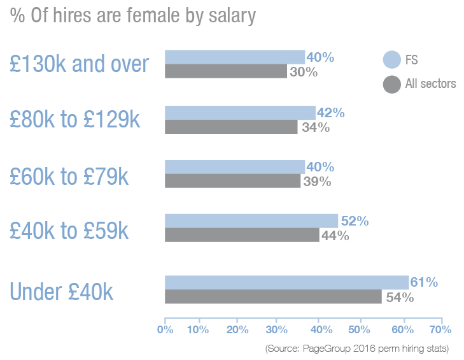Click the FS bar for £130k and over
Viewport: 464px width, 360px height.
point(235,57)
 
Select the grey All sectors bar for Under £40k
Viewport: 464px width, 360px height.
point(273,297)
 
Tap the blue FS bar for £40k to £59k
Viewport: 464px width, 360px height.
point(251,220)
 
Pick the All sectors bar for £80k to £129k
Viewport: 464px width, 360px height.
point(231,127)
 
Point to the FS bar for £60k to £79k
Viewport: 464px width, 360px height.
point(235,166)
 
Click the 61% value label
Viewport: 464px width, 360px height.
point(423,282)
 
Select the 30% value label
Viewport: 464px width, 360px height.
point(303,72)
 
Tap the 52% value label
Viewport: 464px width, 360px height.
point(355,221)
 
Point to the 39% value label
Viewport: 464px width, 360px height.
point(316,182)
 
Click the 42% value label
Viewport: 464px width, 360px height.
point(330,113)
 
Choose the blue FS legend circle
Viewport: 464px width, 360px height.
point(391,60)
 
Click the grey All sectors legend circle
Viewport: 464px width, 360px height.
point(391,83)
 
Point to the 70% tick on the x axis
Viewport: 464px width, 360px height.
point(440,329)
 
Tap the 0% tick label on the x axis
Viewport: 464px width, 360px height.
point(165,329)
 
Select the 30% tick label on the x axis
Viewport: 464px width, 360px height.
point(276,329)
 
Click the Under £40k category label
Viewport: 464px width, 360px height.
point(62,292)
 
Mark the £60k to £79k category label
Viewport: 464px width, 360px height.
point(69,176)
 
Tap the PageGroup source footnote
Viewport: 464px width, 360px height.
point(357,349)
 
